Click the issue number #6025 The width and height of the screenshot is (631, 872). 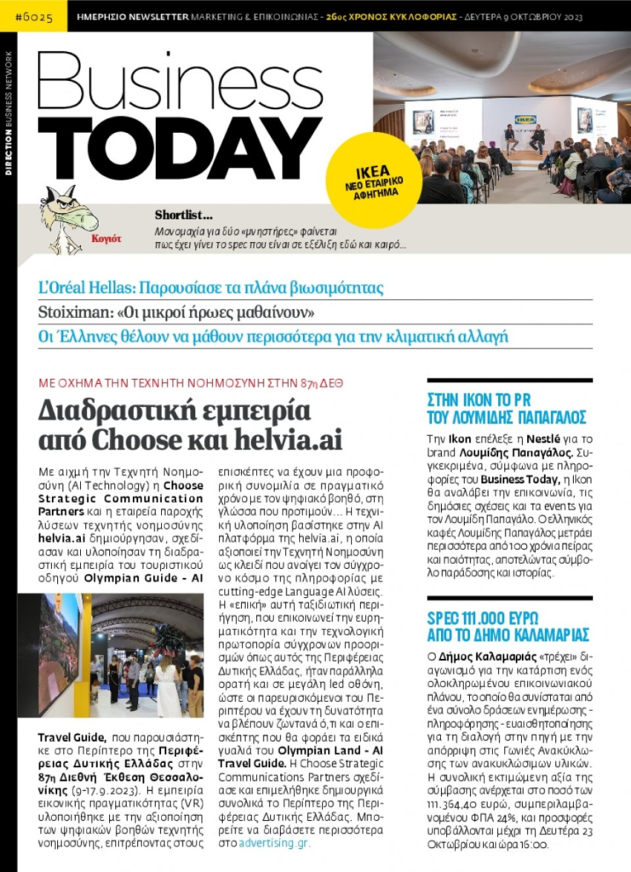click(32, 14)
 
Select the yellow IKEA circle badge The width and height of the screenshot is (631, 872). click(373, 179)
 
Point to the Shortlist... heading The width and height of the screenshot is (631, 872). click(184, 215)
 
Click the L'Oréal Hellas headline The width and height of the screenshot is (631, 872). click(211, 287)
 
